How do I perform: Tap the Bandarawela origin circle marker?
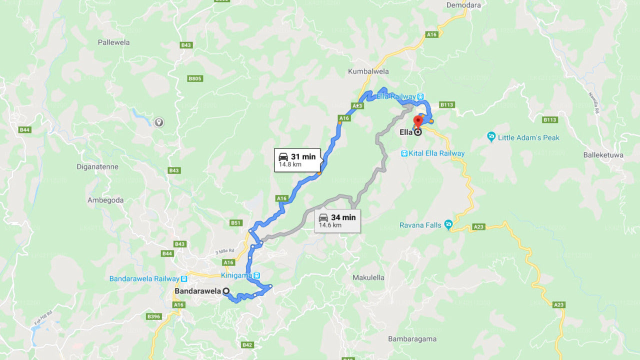point(226,290)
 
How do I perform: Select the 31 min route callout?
point(297,160)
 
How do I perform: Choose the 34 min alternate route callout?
point(337,220)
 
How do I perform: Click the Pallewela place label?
point(113,42)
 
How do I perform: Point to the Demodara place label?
point(463,5)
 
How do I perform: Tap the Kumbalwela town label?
point(368,71)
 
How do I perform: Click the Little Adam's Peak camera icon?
point(491,137)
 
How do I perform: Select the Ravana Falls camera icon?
point(448,224)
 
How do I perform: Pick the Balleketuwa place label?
point(603,155)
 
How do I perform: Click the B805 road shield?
point(195,78)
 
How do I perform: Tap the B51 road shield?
point(236,222)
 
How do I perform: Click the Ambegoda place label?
point(105,200)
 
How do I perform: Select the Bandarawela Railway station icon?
point(184,278)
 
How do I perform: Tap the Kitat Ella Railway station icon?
point(403,153)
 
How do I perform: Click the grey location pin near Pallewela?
point(158,122)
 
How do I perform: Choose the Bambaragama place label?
point(412,338)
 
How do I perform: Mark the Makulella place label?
point(368,277)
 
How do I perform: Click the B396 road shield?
point(153,316)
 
